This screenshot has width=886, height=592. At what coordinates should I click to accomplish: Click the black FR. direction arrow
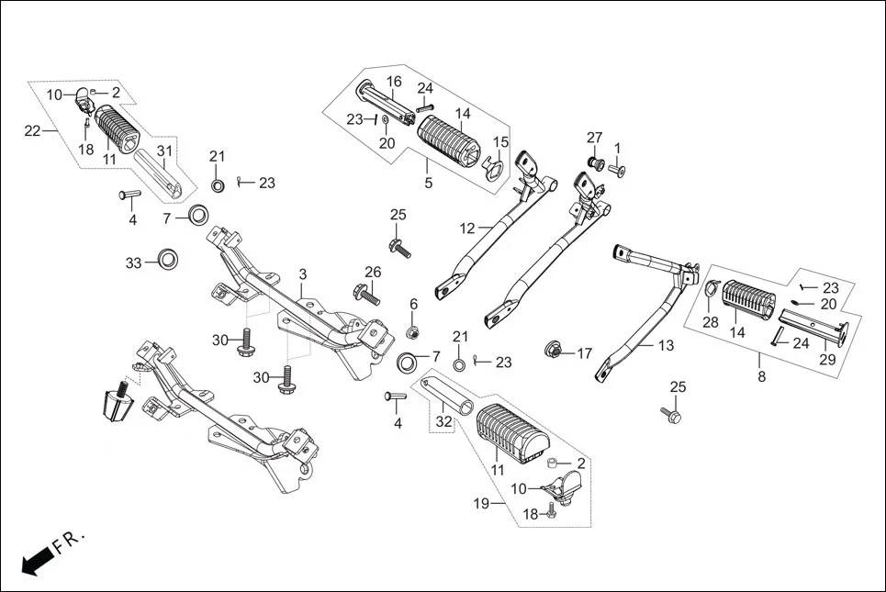tap(34, 560)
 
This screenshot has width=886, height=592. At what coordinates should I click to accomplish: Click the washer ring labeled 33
tap(167, 258)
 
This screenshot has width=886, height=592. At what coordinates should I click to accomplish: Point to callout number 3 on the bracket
tap(302, 274)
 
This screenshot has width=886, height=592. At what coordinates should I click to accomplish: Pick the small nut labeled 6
tap(414, 330)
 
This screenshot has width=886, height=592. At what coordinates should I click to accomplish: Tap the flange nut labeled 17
tap(555, 350)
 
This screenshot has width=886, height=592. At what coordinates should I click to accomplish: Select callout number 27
tap(594, 138)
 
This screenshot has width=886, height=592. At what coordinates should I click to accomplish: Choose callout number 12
tap(468, 228)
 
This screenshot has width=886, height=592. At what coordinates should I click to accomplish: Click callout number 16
tap(394, 82)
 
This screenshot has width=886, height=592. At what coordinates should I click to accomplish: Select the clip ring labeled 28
tap(712, 292)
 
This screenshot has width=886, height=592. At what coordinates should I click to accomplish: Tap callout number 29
tap(827, 360)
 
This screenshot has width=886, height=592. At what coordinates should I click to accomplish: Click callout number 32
tap(444, 421)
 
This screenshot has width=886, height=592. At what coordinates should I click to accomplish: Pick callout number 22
tap(32, 131)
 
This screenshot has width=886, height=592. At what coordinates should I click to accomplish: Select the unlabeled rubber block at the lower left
tap(116, 402)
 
